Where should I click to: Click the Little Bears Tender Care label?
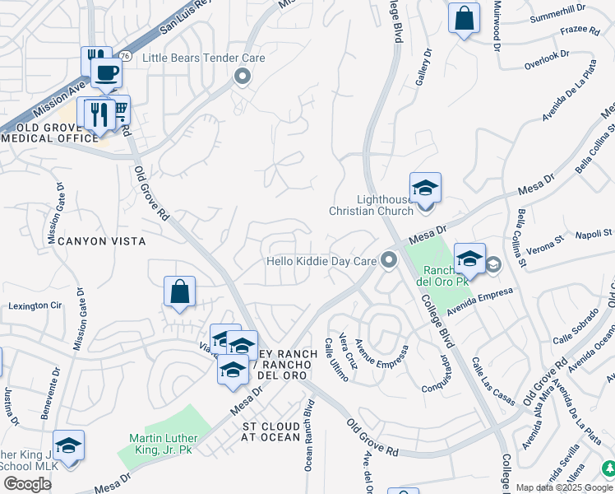204,58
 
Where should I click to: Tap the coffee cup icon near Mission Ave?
105,73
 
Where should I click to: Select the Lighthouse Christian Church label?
371,205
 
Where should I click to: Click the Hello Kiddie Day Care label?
321,262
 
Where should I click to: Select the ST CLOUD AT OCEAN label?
271,431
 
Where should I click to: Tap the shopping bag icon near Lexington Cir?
179,292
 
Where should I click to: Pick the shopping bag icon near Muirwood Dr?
464,17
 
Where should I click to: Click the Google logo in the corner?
26,484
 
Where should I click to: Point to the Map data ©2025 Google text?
564,487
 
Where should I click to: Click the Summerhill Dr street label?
558,16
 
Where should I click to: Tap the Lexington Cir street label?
35,305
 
